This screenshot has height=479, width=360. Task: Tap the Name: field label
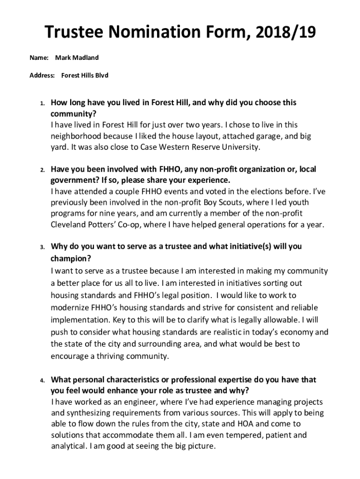point(39,58)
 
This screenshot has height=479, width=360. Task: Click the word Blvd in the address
point(101,75)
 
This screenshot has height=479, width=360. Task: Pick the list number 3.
point(42,247)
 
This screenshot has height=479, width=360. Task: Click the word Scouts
point(237,202)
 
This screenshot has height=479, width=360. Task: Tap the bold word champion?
point(71,258)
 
